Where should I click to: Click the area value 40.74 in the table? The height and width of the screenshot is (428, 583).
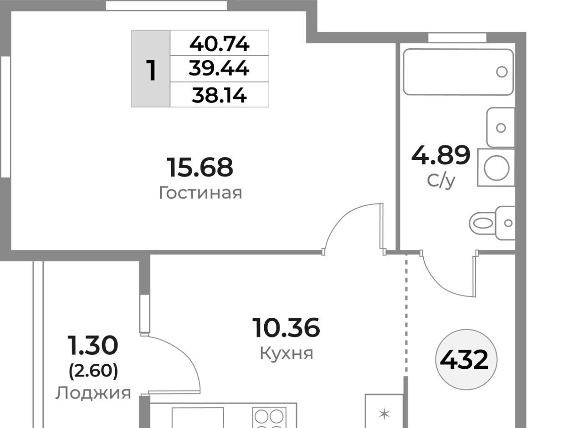pyautogui.click(x=219, y=44)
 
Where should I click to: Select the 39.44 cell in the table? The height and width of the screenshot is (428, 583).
pyautogui.click(x=219, y=68)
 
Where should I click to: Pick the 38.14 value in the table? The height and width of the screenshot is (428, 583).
pyautogui.click(x=219, y=95)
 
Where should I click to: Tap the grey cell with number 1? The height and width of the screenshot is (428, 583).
pyautogui.click(x=151, y=69)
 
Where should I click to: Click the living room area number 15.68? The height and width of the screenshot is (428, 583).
pyautogui.click(x=200, y=167)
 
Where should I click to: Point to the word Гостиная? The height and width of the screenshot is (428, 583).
pyautogui.click(x=200, y=193)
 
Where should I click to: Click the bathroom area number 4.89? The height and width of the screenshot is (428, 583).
pyautogui.click(x=441, y=156)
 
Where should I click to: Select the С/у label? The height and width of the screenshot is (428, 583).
pyautogui.click(x=441, y=181)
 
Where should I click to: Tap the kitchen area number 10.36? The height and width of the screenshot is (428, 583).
pyautogui.click(x=286, y=328)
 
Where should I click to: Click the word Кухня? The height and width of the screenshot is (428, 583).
pyautogui.click(x=286, y=354)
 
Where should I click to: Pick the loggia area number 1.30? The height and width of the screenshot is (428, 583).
pyautogui.click(x=93, y=345)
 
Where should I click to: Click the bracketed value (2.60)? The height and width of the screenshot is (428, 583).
pyautogui.click(x=93, y=371)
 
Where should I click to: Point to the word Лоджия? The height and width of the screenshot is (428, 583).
pyautogui.click(x=93, y=393)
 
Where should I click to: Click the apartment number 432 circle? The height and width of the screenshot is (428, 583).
pyautogui.click(x=466, y=360)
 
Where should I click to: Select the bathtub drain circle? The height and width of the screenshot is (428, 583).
pyautogui.click(x=502, y=72)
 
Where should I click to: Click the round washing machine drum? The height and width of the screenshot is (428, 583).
pyautogui.click(x=496, y=168)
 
